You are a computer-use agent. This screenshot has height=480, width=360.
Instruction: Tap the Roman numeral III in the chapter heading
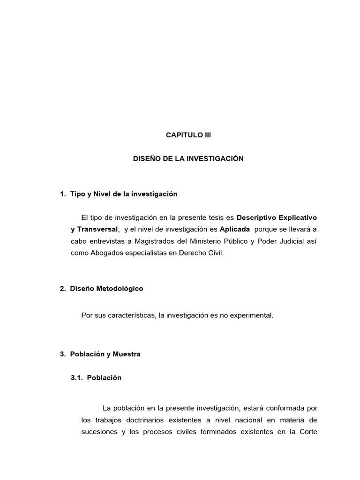pos(207,135)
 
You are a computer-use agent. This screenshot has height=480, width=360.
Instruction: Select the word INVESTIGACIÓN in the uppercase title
pos(216,159)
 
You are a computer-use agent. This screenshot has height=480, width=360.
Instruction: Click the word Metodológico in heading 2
pos(120,289)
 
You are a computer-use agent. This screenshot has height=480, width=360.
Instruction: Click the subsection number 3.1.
pos(76,378)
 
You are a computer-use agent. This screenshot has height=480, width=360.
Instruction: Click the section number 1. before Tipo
pos(63,194)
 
